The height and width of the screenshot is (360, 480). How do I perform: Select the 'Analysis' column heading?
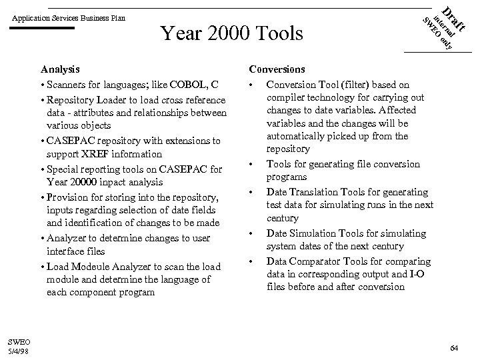60,69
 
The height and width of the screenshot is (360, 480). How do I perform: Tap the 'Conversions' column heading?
277,69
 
